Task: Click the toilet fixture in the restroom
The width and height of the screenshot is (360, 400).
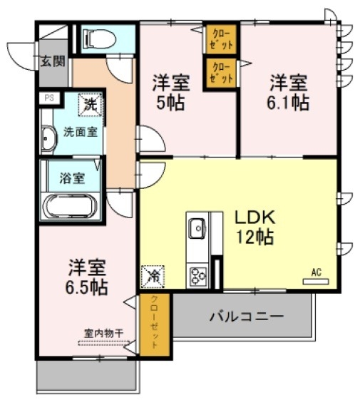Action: click(98, 39)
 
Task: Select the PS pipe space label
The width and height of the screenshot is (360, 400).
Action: click(49, 98)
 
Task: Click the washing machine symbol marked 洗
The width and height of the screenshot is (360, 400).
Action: click(91, 106)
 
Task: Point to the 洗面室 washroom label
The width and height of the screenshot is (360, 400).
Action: click(81, 131)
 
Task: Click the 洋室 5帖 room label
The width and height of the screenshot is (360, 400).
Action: click(168, 91)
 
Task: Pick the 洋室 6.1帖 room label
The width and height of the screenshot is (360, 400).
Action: click(288, 91)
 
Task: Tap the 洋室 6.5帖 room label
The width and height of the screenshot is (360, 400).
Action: click(87, 278)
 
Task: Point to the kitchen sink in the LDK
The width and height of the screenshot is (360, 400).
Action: click(197, 228)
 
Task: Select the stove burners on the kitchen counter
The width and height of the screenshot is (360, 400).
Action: click(197, 275)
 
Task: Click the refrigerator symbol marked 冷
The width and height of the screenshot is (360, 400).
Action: click(153, 275)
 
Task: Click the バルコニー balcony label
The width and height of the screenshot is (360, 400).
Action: click(246, 315)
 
